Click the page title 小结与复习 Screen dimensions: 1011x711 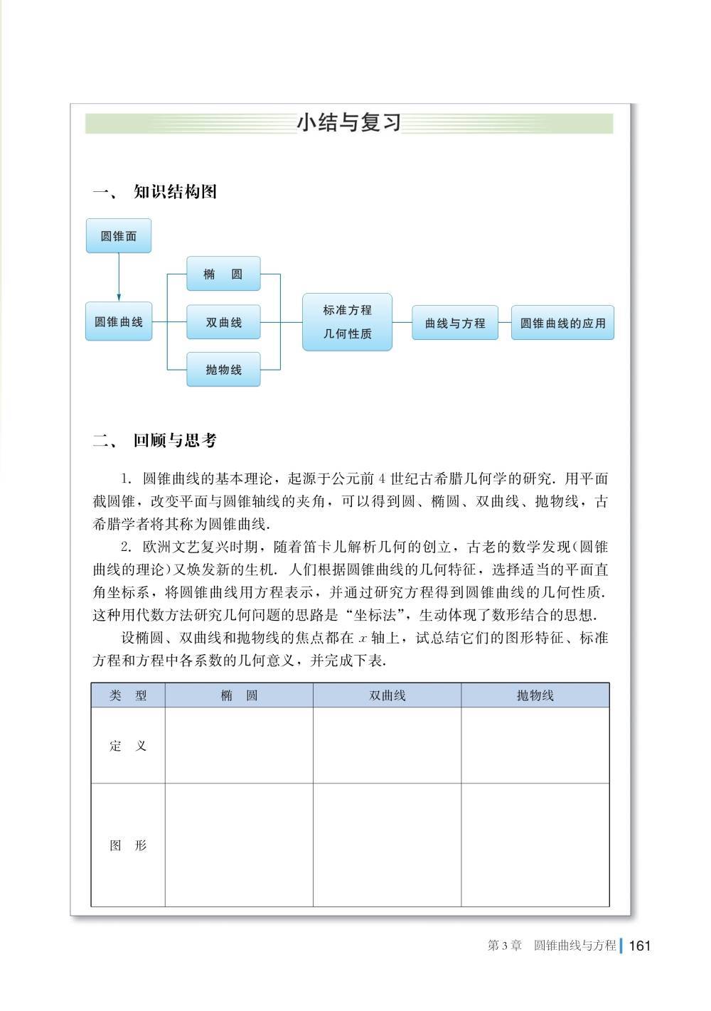click(348, 122)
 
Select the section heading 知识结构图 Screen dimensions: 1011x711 click(175, 192)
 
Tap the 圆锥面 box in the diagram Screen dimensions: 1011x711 click(119, 236)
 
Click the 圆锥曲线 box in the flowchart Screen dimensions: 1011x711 click(119, 322)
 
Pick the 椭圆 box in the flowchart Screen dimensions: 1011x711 click(223, 274)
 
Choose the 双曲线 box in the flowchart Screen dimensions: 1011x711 click(223, 322)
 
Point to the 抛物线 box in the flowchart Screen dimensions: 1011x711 click(223, 370)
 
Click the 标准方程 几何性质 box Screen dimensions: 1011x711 click(347, 322)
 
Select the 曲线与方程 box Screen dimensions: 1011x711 click(455, 323)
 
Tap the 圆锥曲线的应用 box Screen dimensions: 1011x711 click(562, 323)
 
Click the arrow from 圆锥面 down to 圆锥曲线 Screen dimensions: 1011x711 click(119, 277)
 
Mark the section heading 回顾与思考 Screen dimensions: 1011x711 click(175, 441)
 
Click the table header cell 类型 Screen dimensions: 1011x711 click(128, 695)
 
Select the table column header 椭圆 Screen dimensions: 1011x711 click(239, 695)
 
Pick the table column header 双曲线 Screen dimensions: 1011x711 click(387, 695)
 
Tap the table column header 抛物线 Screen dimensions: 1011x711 click(535, 695)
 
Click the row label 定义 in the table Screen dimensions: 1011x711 click(128, 746)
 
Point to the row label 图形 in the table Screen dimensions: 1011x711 click(128, 845)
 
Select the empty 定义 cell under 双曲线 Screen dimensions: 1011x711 click(387, 746)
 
